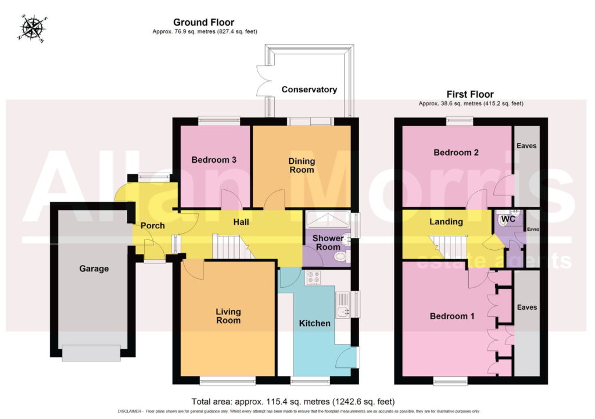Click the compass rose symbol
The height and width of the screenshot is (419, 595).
point(33,28)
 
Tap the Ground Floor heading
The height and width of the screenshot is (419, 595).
point(204,23)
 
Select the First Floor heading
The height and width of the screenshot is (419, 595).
point(470,94)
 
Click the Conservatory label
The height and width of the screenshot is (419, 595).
point(309,89)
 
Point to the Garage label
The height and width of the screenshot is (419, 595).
point(94,268)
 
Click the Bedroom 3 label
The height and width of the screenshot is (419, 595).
point(214,160)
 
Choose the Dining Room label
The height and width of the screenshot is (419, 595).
point(302,166)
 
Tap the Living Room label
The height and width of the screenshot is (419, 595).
point(228,316)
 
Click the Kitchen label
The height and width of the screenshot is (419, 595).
point(314,323)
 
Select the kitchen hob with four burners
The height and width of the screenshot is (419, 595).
point(313,277)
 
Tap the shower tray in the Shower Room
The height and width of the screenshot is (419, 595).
point(328,220)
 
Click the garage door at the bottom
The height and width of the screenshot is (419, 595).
point(91,353)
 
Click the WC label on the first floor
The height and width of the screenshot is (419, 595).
point(508,219)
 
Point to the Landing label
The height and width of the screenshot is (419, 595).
point(446,221)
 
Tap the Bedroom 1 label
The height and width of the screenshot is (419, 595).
point(452,316)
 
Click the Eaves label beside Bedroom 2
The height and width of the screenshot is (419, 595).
point(526,146)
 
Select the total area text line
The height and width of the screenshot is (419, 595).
point(293,402)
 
